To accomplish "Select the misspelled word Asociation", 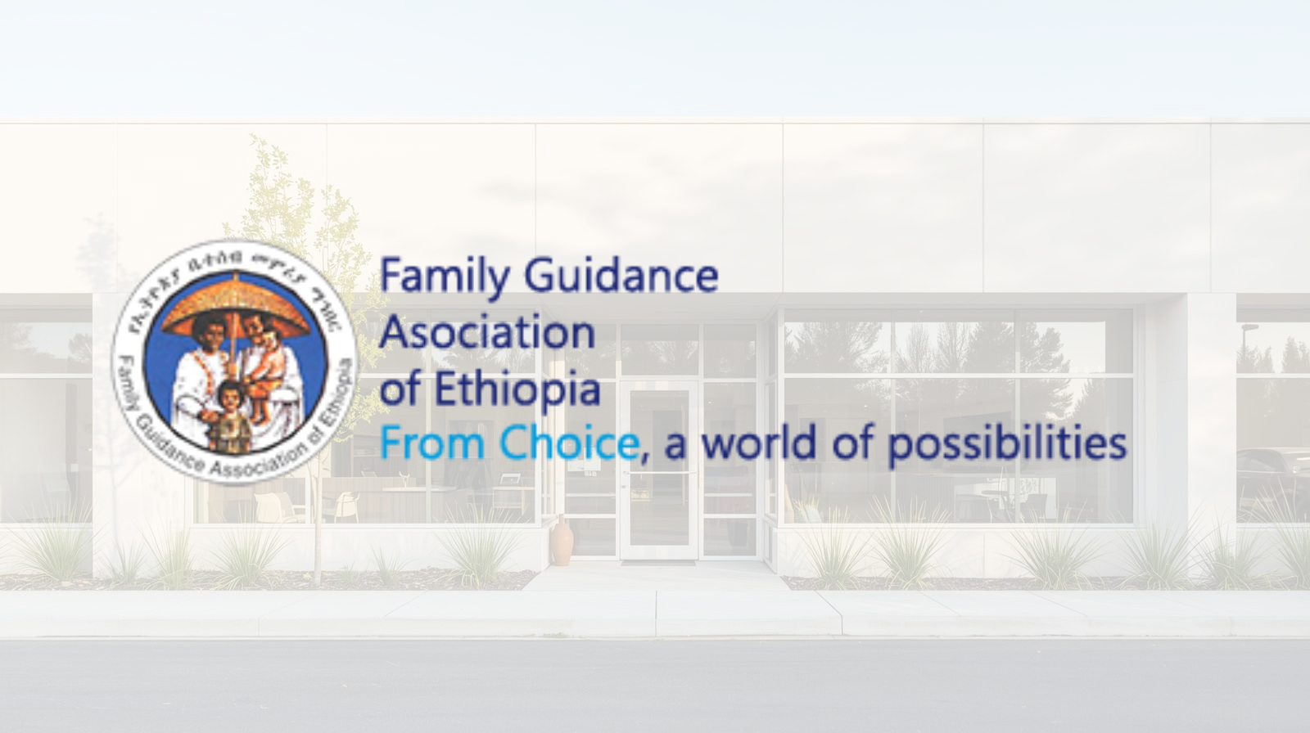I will pos(488,333).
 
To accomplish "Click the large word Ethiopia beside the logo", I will pos(517,389).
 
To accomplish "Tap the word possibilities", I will pos(1007,445).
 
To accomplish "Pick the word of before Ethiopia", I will pos(401,390).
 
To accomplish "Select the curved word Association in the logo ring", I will pos(246,467).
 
